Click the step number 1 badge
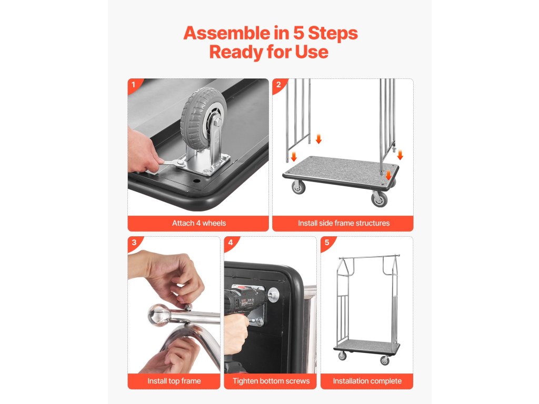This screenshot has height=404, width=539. (133, 85)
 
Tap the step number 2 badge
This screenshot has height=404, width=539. (278, 85)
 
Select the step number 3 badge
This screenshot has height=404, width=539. (134, 242)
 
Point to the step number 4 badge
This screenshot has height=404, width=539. (230, 242)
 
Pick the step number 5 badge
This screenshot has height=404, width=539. (326, 242)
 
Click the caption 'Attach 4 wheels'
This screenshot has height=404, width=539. (199, 223)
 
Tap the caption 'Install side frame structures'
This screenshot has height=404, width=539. (344, 223)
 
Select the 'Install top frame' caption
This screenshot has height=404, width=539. (174, 381)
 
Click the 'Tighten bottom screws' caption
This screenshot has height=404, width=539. (271, 381)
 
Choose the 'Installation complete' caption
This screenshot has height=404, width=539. (367, 381)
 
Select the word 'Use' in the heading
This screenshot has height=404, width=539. (312, 52)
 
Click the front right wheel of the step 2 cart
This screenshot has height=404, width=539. (379, 199)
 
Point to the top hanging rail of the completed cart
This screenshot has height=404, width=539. (369, 257)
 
